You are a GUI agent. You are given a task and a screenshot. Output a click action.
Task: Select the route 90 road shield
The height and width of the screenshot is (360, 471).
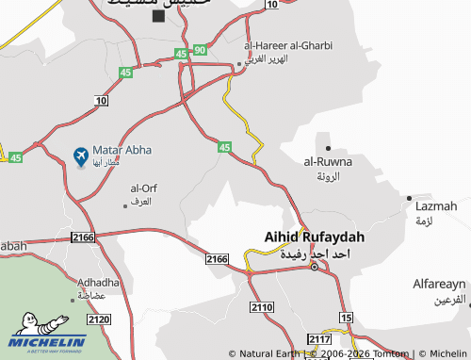pos(200,49)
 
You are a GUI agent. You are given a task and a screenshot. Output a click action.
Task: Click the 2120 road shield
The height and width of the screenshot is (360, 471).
pos(99,319)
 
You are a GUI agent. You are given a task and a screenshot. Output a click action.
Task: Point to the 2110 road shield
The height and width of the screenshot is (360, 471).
pos(262,307)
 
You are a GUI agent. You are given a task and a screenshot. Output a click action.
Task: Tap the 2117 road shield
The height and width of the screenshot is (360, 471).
pos(319,339)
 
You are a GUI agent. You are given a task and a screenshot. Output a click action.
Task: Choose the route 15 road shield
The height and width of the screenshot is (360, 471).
pos(347,318)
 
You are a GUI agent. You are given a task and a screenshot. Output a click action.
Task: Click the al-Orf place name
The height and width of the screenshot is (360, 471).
pos(141,188)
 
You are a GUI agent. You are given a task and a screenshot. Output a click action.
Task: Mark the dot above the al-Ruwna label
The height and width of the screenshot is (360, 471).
pos(328,148)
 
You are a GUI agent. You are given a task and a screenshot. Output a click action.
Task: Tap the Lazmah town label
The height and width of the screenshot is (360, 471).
pos(435,205)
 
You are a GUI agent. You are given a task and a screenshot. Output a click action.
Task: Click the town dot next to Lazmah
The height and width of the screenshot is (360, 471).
pos(409,199)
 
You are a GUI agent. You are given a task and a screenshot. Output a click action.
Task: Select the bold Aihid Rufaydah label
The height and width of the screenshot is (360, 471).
pos(306,238)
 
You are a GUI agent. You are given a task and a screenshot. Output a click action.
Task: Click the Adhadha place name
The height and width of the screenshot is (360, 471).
pos(99,282)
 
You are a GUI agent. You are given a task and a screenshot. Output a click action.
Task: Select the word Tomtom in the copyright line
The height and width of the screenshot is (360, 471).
pos(390,354)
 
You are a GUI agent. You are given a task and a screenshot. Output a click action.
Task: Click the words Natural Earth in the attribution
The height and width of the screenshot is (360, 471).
pos(270,354)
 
